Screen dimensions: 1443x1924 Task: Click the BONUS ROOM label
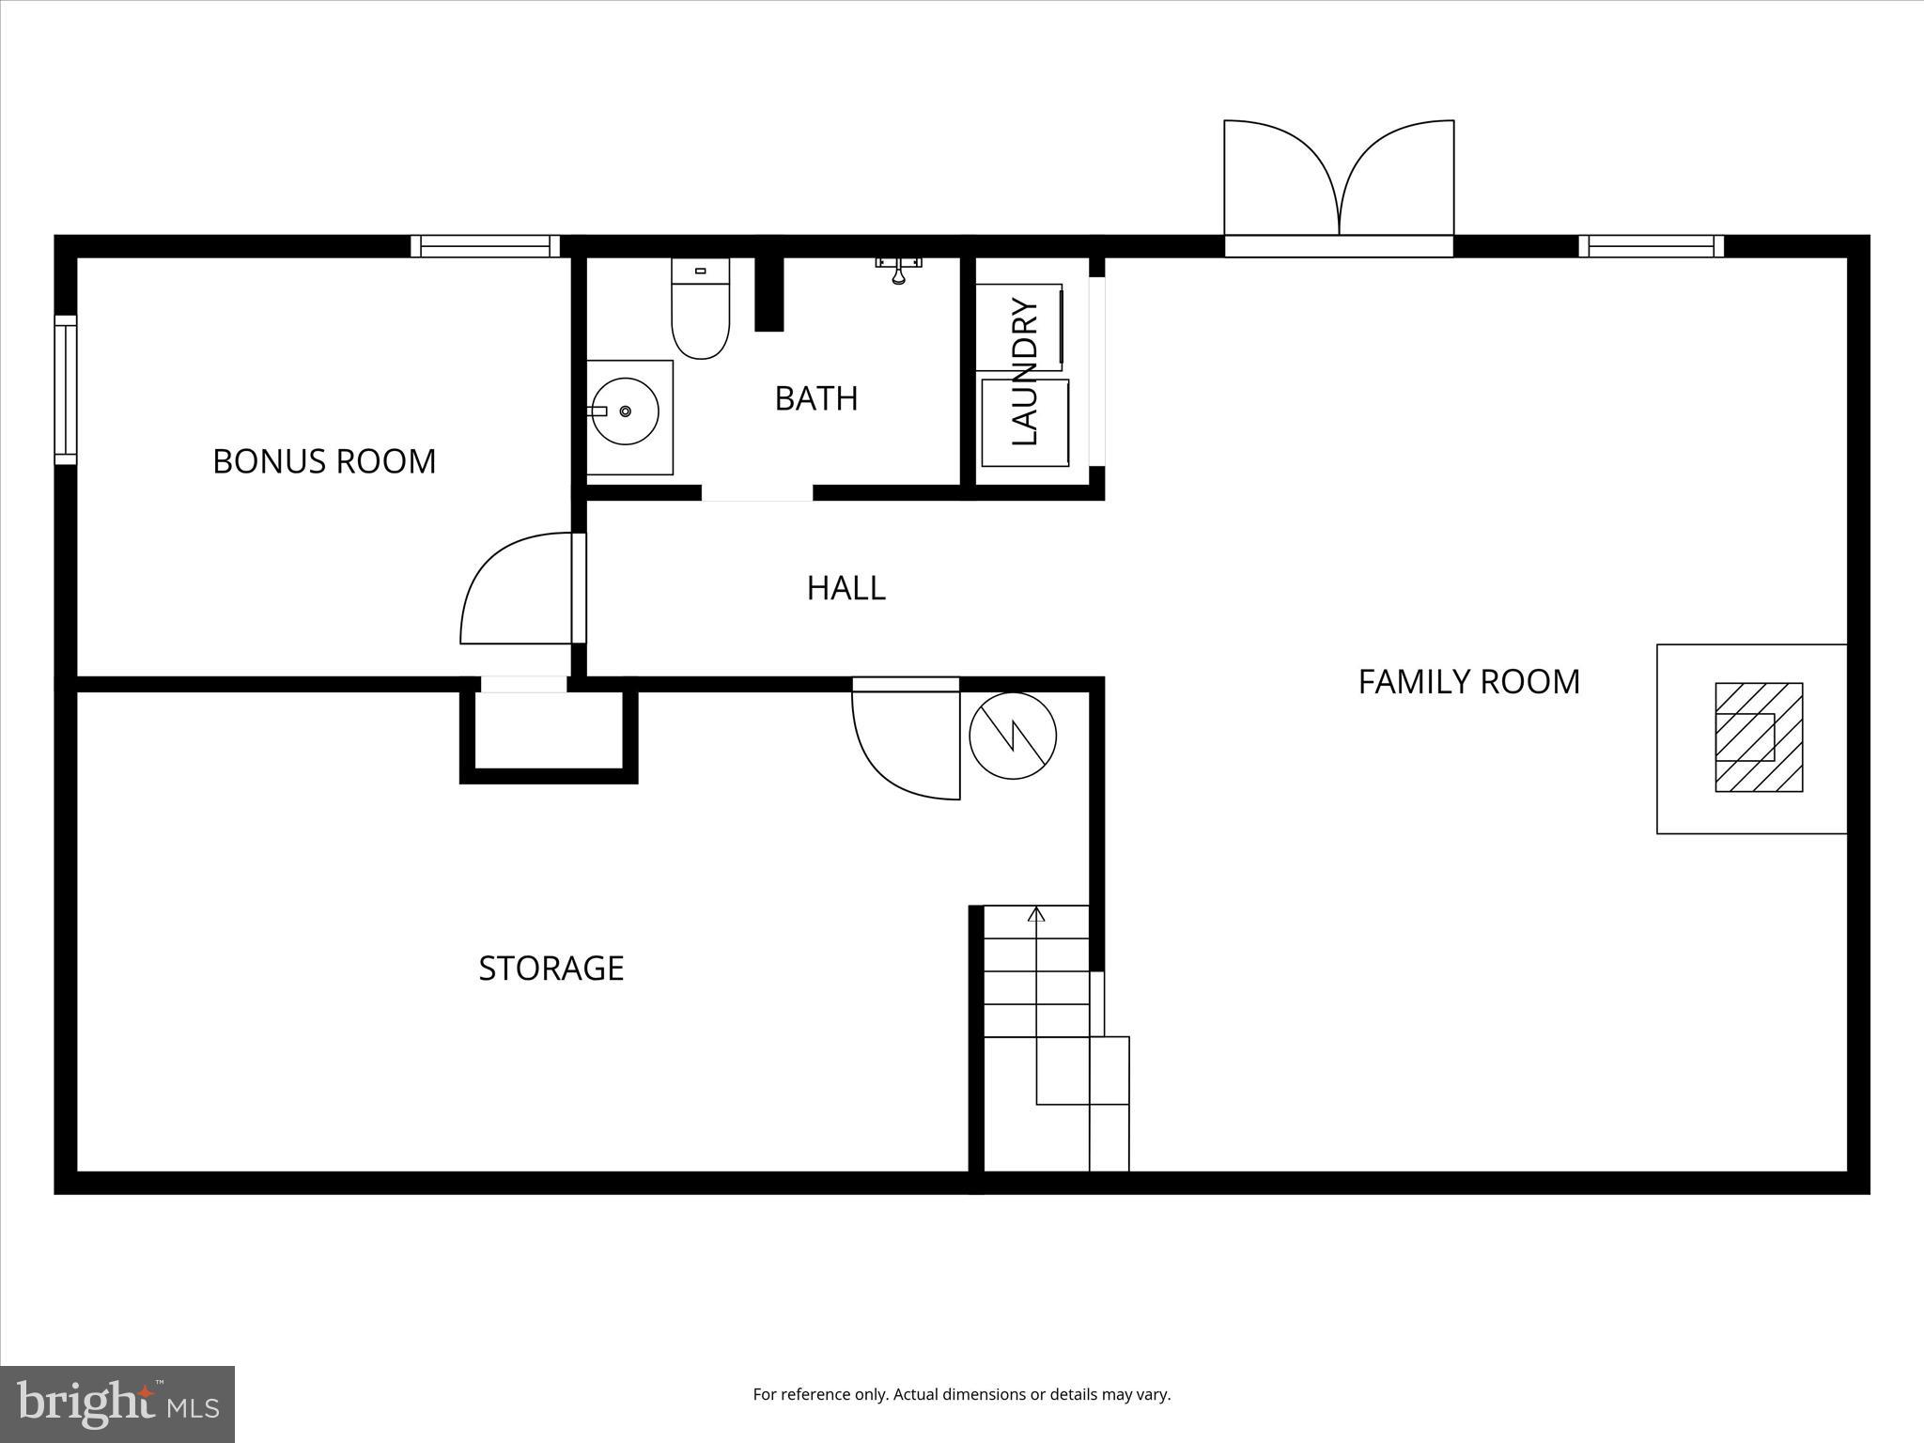point(324,461)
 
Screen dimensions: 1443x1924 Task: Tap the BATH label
point(815,398)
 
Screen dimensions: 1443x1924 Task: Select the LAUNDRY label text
point(1024,372)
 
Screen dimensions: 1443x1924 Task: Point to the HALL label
point(846,588)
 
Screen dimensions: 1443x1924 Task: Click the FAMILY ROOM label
point(1468,681)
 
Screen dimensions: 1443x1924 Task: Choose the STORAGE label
point(551,968)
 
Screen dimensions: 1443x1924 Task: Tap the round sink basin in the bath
point(625,411)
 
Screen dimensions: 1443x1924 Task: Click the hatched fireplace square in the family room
point(1759,737)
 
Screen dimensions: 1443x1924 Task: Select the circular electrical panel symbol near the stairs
point(1013,736)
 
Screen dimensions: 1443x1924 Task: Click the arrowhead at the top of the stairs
point(1036,913)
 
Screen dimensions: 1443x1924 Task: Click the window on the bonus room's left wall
point(65,390)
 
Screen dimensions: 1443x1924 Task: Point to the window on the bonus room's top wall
point(485,246)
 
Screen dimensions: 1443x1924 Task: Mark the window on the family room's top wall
point(1651,246)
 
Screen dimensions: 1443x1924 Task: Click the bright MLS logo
point(117,1404)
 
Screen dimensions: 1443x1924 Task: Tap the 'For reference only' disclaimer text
point(961,1394)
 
